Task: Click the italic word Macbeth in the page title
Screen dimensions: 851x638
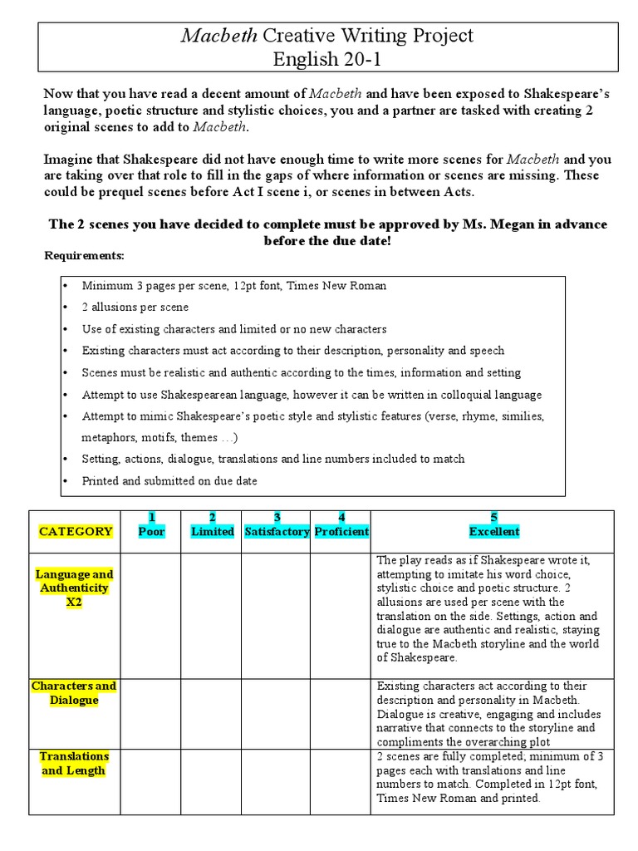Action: [x=218, y=36]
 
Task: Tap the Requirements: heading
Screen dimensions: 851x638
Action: [x=84, y=255]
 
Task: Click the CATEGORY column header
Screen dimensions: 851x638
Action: [x=76, y=532]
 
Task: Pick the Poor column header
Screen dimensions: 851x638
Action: [x=151, y=525]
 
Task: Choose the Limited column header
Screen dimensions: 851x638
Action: [x=212, y=525]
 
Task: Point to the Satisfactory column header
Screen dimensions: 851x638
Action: [x=277, y=525]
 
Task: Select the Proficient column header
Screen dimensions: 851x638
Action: [x=341, y=525]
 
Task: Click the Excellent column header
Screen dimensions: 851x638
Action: [x=493, y=525]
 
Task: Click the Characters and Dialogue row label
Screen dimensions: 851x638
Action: [x=74, y=693]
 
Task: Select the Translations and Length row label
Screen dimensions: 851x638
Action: [x=74, y=763]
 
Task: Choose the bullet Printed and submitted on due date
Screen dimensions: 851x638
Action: [x=169, y=480]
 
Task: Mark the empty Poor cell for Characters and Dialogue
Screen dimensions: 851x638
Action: [x=151, y=713]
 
